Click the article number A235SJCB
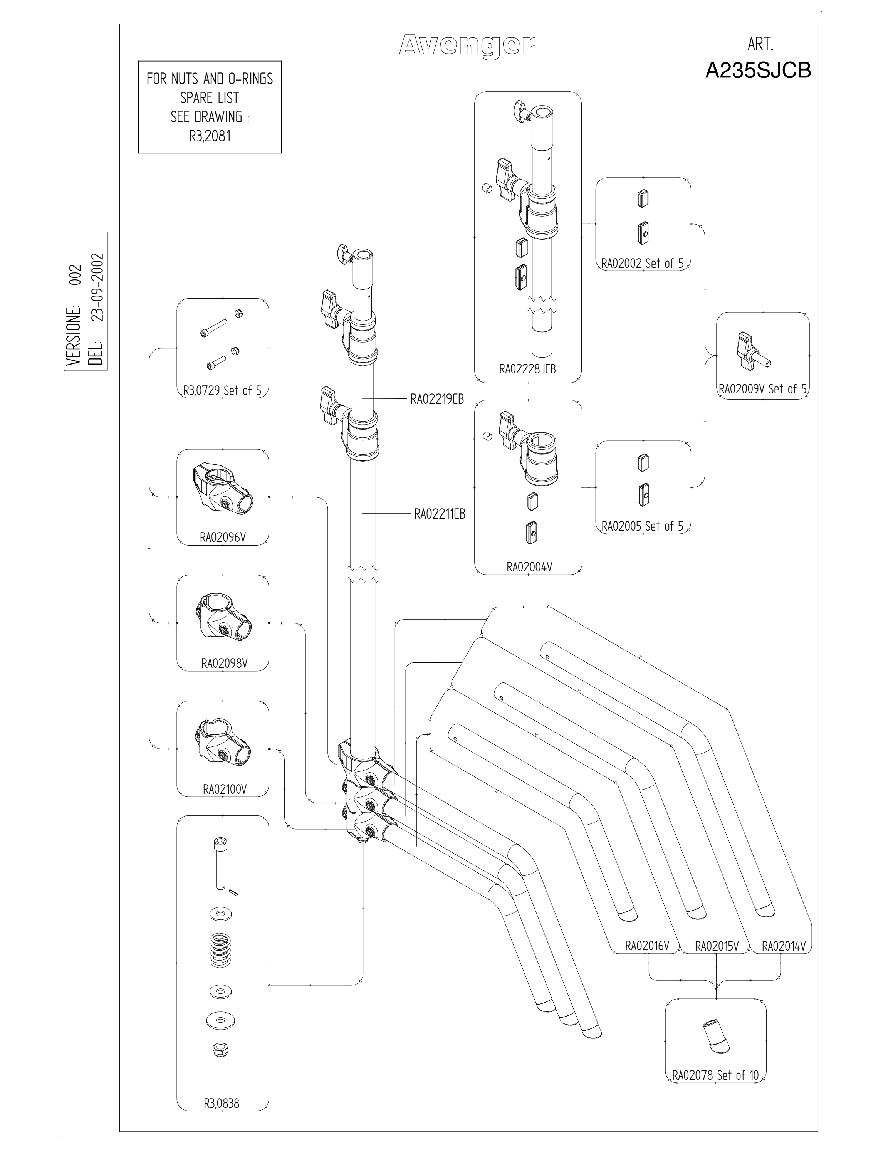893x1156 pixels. (758, 71)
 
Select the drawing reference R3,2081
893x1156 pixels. (210, 136)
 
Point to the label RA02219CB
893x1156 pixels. (437, 399)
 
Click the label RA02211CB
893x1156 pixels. (440, 514)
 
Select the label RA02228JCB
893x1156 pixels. (527, 369)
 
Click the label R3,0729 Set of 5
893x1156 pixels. (222, 391)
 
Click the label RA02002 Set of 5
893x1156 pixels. (642, 264)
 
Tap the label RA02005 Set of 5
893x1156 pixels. (642, 526)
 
